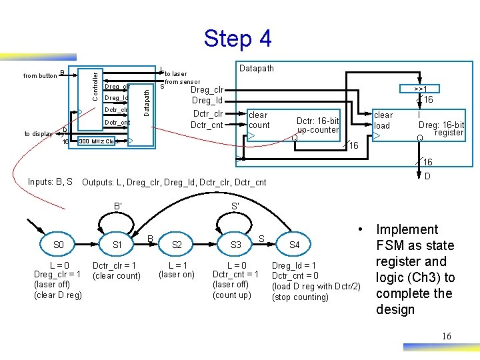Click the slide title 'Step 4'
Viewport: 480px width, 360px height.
coord(238,38)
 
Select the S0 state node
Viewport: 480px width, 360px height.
coord(59,245)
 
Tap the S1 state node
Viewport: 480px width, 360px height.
coord(117,245)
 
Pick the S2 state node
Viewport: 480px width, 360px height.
coord(176,245)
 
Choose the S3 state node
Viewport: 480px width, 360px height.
coord(235,245)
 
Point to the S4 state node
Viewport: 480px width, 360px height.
coord(294,245)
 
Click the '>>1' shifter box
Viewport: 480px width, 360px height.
coord(420,88)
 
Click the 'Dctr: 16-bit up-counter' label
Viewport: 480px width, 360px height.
coord(318,125)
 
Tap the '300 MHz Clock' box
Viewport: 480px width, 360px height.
coord(100,141)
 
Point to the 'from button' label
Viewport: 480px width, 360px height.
coord(40,75)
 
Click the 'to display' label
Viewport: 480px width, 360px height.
coord(38,133)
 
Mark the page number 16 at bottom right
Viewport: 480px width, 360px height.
coord(446,336)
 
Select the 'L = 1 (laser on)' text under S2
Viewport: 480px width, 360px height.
coord(176,269)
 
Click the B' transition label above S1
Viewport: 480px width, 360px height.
coord(118,206)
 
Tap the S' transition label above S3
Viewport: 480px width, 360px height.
coord(235,206)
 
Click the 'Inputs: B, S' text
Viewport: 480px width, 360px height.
coord(51,182)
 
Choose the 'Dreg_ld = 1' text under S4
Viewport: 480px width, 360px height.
coord(294,265)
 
